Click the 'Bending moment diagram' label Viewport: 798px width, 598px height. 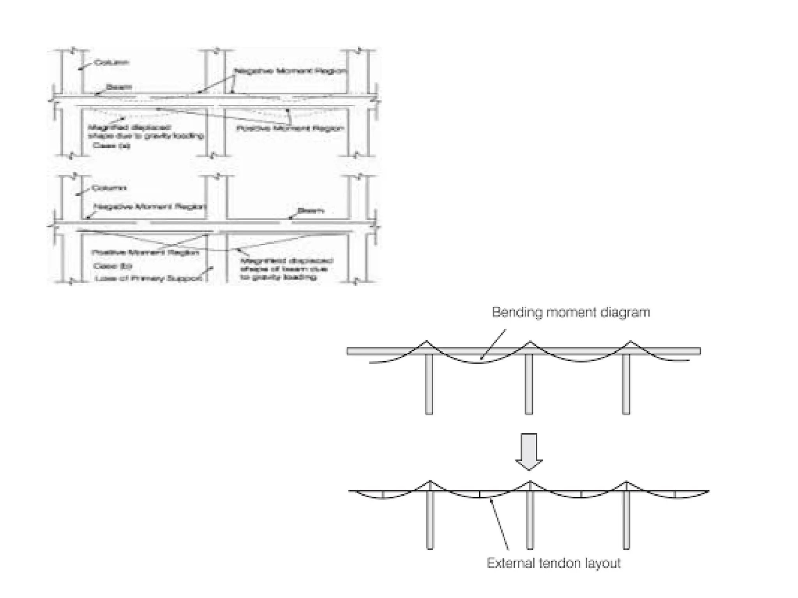point(570,313)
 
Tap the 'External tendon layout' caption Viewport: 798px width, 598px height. point(553,563)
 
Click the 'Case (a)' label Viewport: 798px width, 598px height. point(111,146)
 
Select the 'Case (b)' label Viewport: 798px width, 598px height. point(112,266)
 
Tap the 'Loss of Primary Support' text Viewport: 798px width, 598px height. point(148,278)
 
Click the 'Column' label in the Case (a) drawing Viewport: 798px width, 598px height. point(112,62)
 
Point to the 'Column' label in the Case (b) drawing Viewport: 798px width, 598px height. point(109,188)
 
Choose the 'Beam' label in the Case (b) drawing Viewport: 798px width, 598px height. point(311,211)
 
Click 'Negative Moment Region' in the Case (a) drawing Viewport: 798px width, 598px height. point(290,71)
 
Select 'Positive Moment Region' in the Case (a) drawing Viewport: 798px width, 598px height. point(290,128)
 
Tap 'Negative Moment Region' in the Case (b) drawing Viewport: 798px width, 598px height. point(150,206)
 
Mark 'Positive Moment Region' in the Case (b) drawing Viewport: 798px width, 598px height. point(145,252)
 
